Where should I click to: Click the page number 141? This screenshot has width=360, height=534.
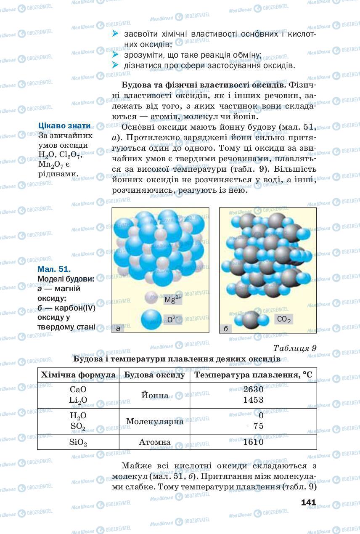308,502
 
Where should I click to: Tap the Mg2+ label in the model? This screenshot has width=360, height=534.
172,300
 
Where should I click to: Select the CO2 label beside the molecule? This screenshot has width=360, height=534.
284,320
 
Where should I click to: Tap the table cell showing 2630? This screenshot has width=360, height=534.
253,389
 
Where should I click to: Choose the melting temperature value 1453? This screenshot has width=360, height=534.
253,399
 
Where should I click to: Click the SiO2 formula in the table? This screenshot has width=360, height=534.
78,442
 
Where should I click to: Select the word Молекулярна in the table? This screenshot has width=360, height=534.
154,421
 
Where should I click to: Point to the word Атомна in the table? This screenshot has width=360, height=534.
154,442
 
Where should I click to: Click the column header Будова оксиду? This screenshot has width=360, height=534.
154,375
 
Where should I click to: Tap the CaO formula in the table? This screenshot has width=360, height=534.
78,389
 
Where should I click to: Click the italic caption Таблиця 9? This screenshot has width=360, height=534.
294,348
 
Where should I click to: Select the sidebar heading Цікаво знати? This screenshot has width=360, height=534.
64,125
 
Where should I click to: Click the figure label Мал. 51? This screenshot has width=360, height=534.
54,269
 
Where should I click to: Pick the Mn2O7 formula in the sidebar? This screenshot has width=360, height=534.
50,165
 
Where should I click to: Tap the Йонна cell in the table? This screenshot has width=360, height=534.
154,395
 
